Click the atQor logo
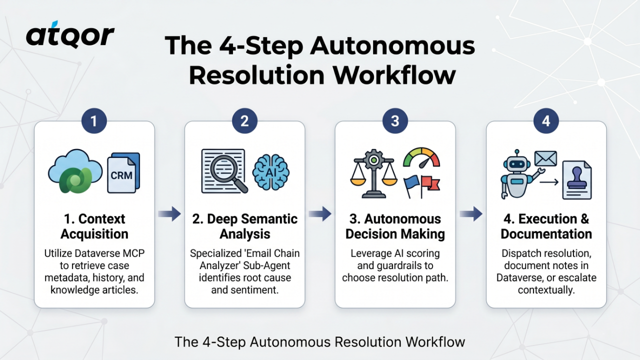point(70,34)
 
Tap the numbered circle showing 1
point(94,121)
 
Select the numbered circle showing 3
point(395,121)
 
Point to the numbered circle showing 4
point(546,121)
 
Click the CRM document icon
point(123,173)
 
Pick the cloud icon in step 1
point(75,171)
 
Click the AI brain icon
point(270,172)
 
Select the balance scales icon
point(373,173)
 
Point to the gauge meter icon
point(421,157)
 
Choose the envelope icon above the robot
point(545,158)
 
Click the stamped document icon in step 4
point(577,180)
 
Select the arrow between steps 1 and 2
point(169,213)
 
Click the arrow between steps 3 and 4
point(471,213)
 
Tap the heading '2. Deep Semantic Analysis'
point(245,226)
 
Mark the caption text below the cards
point(319,341)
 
